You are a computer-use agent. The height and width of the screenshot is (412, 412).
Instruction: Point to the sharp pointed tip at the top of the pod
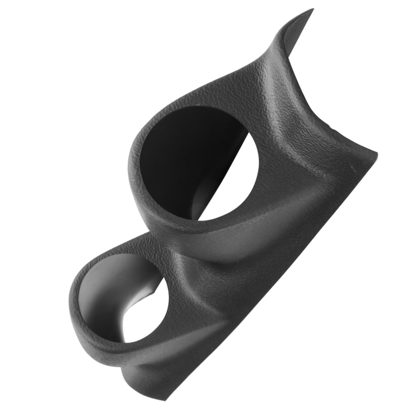(x=312, y=10)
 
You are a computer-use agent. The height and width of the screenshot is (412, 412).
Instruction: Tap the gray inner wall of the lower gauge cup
(x=103, y=299)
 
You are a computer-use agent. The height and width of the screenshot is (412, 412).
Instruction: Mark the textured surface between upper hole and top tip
(x=247, y=82)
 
